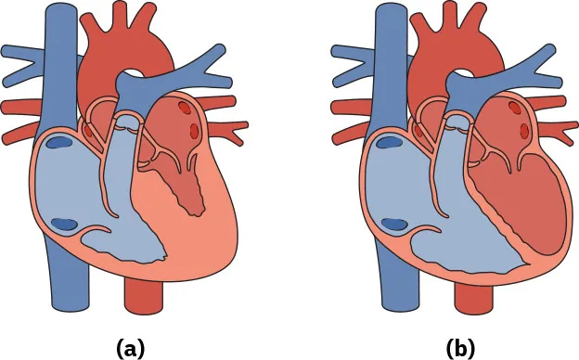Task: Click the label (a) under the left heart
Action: pyautogui.click(x=129, y=348)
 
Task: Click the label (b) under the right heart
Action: pyautogui.click(x=460, y=348)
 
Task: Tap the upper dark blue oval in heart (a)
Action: pyautogui.click(x=61, y=143)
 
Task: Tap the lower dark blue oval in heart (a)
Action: pyautogui.click(x=66, y=224)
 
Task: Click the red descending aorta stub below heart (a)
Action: pyautogui.click(x=143, y=297)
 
